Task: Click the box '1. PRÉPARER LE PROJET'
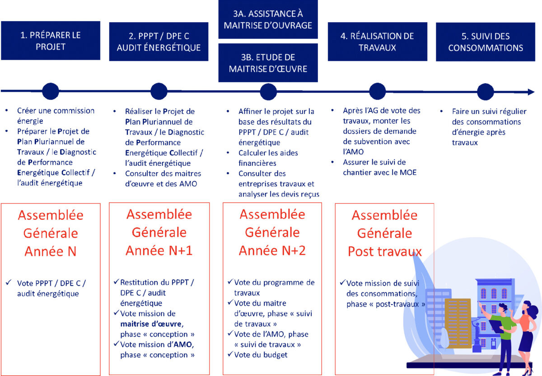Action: pyautogui.click(x=50, y=41)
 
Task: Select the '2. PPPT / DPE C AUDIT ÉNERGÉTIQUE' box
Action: pyautogui.click(x=159, y=41)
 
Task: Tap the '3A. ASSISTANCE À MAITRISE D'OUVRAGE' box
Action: pyautogui.click(x=268, y=19)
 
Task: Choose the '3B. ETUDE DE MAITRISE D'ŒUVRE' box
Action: pyautogui.click(x=268, y=63)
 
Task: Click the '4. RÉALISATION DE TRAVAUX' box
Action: pyautogui.click(x=377, y=41)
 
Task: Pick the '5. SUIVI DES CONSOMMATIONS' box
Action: pyautogui.click(x=486, y=41)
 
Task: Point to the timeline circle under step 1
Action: pyautogui.click(x=50, y=91)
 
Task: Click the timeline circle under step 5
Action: pyautogui.click(x=486, y=91)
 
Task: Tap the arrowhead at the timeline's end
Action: pyautogui.click(x=530, y=92)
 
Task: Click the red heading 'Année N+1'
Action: pyautogui.click(x=159, y=251)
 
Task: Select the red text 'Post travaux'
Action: pyautogui.click(x=384, y=252)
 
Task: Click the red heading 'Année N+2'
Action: pyautogui.click(x=272, y=251)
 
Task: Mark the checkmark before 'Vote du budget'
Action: pyautogui.click(x=230, y=355)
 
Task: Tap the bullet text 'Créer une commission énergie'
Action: pyautogui.click(x=56, y=116)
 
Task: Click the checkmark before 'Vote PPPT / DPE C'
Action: pyautogui.click(x=9, y=283)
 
